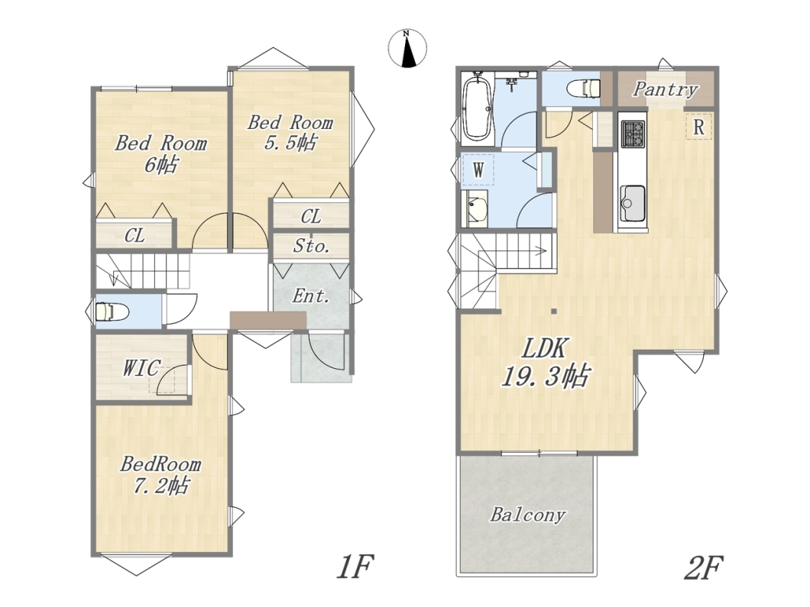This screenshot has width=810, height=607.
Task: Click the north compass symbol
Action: tap(407, 49)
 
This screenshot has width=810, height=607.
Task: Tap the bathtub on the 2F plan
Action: tap(478, 108)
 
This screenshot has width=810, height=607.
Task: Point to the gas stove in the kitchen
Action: tap(633, 134)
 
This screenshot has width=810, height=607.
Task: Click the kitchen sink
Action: tap(633, 203)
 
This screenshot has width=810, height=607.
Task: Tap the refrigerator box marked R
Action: tap(699, 127)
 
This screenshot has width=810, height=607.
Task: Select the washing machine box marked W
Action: tap(478, 170)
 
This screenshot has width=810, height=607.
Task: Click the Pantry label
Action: tap(666, 89)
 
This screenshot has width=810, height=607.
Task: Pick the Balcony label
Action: tap(527, 515)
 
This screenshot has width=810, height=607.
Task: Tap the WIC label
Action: tap(141, 368)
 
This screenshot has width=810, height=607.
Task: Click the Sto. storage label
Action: tap(312, 246)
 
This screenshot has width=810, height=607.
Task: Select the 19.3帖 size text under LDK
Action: tap(545, 376)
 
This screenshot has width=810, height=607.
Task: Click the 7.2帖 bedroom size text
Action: tap(161, 486)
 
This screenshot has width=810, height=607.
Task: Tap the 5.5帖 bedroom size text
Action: tap(290, 142)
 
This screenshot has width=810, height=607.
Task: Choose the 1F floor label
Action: tap(355, 567)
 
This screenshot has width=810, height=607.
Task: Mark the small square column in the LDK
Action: tap(554, 312)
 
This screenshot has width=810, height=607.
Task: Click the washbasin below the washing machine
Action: tap(475, 208)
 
